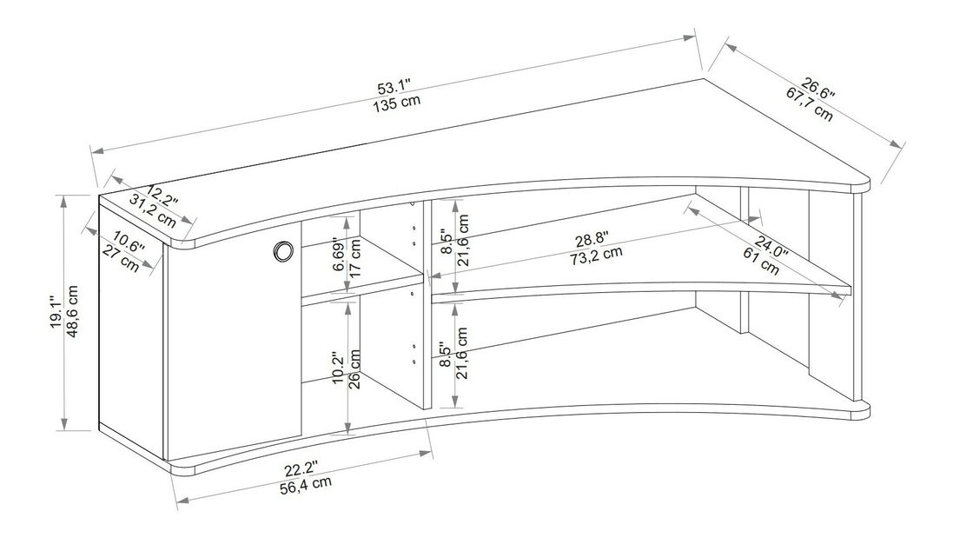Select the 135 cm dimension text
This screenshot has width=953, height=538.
tap(398, 103)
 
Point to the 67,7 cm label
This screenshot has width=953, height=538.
tap(809, 104)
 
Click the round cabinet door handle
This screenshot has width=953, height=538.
tap(283, 251)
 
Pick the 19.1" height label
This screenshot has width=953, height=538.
tap(56, 313)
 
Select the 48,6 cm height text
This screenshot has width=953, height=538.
tap(72, 312)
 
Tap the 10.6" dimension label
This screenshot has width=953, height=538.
tap(129, 243)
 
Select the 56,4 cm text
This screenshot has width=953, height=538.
tap(307, 486)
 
